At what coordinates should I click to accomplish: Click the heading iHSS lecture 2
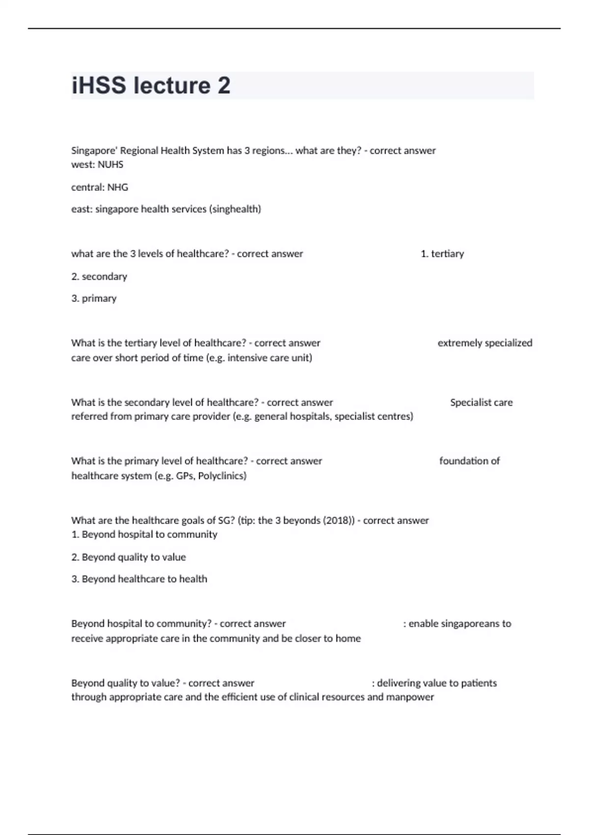(151, 85)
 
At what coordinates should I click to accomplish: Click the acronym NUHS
(110, 165)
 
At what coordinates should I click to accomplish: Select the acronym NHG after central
(118, 187)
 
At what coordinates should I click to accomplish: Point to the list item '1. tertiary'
(442, 254)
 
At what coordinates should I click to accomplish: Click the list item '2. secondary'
(99, 277)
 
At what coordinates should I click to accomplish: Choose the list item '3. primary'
(94, 299)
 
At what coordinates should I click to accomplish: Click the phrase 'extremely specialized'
(484, 343)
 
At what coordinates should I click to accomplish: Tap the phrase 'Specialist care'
(481, 402)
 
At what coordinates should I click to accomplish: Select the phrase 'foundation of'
(469, 461)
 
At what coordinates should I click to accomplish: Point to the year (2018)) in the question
(338, 520)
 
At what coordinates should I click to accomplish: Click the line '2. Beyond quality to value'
(129, 557)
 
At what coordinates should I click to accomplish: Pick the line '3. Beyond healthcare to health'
(139, 579)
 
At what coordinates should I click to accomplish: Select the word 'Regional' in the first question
(139, 150)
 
